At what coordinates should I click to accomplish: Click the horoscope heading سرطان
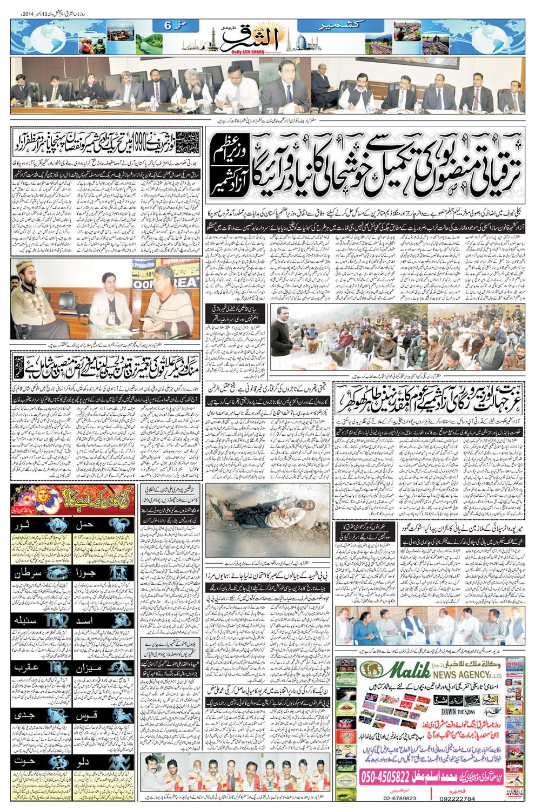28,574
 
